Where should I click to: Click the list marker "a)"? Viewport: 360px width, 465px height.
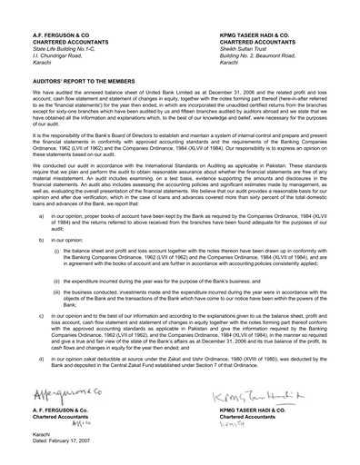tap(42, 217)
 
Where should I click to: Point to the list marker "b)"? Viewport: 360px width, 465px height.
tap(42, 239)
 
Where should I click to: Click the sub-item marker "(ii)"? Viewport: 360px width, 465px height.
tap(56, 282)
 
